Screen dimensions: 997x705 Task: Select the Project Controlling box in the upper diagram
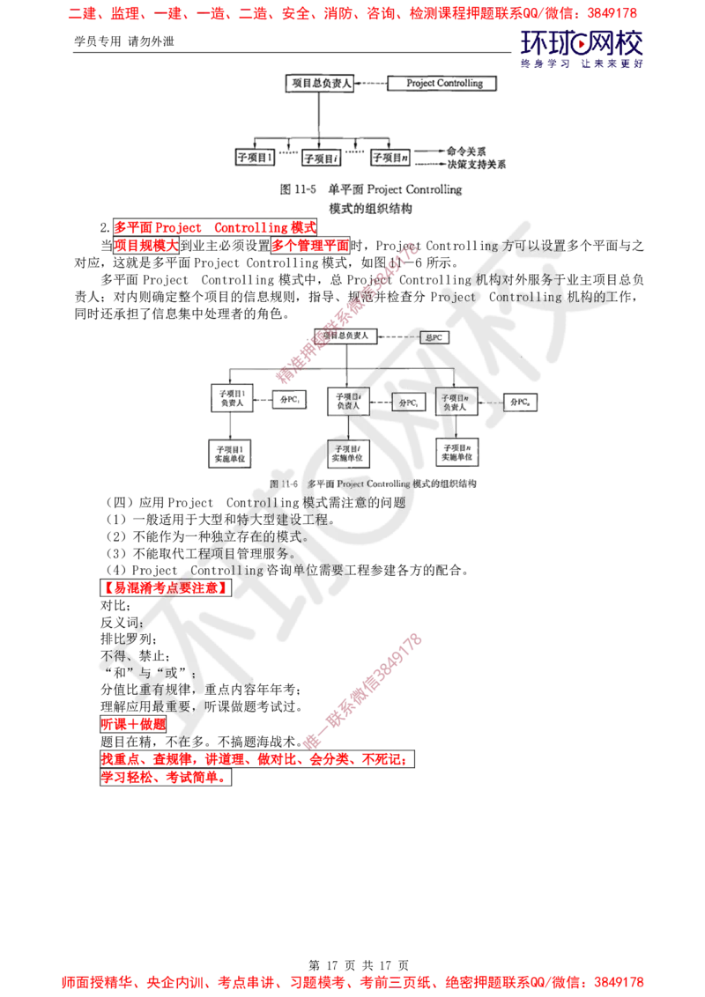click(442, 84)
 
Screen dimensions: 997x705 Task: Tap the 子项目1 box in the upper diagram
click(255, 159)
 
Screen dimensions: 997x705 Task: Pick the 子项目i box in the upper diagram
click(321, 159)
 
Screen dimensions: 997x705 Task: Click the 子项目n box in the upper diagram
click(390, 159)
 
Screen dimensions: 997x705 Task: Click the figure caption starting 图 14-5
click(369, 189)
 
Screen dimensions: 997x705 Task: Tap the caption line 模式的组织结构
click(369, 209)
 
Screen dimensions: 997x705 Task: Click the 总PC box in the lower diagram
click(434, 336)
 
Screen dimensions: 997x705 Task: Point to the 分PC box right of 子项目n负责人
click(522, 402)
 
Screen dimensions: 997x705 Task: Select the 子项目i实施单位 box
click(348, 453)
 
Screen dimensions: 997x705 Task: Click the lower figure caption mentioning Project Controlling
click(374, 484)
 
